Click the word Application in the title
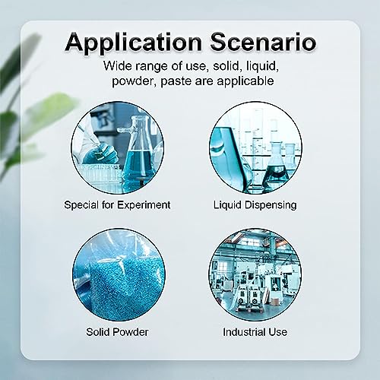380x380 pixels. click(x=134, y=43)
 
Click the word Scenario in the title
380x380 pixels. click(x=263, y=42)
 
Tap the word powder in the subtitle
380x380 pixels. click(x=134, y=81)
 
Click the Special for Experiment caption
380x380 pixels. click(x=117, y=205)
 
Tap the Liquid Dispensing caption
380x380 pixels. click(x=255, y=205)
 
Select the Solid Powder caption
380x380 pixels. click(x=117, y=332)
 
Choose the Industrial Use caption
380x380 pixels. click(x=255, y=332)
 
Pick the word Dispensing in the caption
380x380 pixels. click(x=271, y=205)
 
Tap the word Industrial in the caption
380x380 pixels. click(x=242, y=332)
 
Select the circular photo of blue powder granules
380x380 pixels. click(x=119, y=275)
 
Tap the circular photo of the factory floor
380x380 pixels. click(x=255, y=275)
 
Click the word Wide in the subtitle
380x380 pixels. click(x=118, y=66)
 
